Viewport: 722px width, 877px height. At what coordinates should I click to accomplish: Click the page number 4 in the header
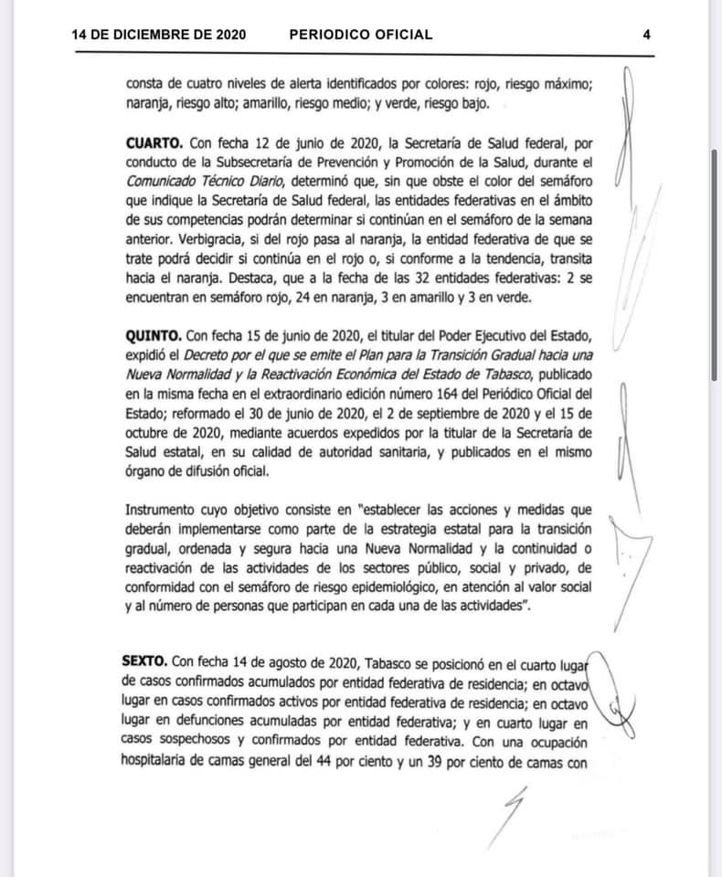[646, 35]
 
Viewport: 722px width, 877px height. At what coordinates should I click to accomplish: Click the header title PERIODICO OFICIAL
[360, 35]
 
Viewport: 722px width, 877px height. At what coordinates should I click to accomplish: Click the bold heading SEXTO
[144, 660]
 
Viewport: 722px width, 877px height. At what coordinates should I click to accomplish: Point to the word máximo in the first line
[567, 84]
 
